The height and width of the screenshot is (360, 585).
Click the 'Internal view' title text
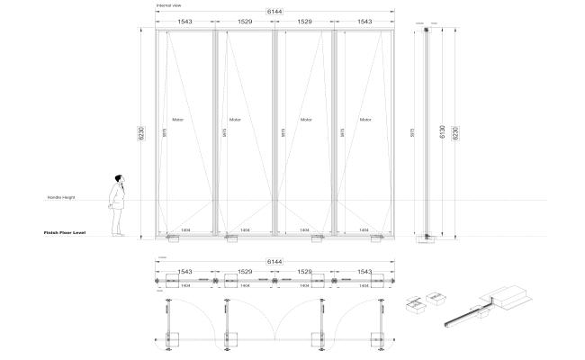click(169, 5)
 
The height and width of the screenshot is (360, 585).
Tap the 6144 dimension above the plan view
click(274, 262)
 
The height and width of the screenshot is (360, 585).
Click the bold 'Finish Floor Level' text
click(64, 232)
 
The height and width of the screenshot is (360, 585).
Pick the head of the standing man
click(118, 178)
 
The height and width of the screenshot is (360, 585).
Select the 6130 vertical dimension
click(442, 131)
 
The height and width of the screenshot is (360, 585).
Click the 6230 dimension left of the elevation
click(140, 132)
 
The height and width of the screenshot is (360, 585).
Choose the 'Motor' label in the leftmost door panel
click(178, 119)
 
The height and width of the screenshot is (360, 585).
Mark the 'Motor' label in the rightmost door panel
click(365, 119)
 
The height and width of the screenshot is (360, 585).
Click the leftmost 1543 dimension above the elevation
click(184, 20)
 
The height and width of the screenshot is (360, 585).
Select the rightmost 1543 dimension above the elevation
click(364, 20)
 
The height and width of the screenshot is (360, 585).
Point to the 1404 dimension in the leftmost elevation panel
click(185, 231)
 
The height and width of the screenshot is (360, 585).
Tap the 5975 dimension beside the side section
click(412, 131)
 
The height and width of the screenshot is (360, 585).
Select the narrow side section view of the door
click(427, 133)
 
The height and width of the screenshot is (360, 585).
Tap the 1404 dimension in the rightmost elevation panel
click(364, 231)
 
